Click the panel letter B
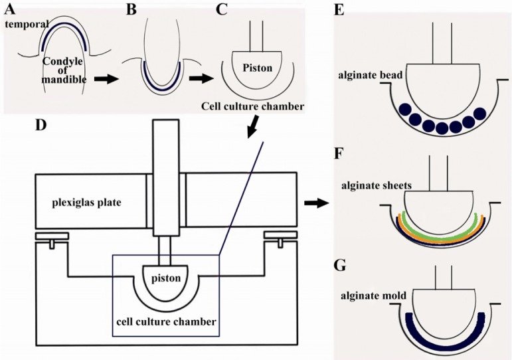coord(130,10)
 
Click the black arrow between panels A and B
coord(108,79)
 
